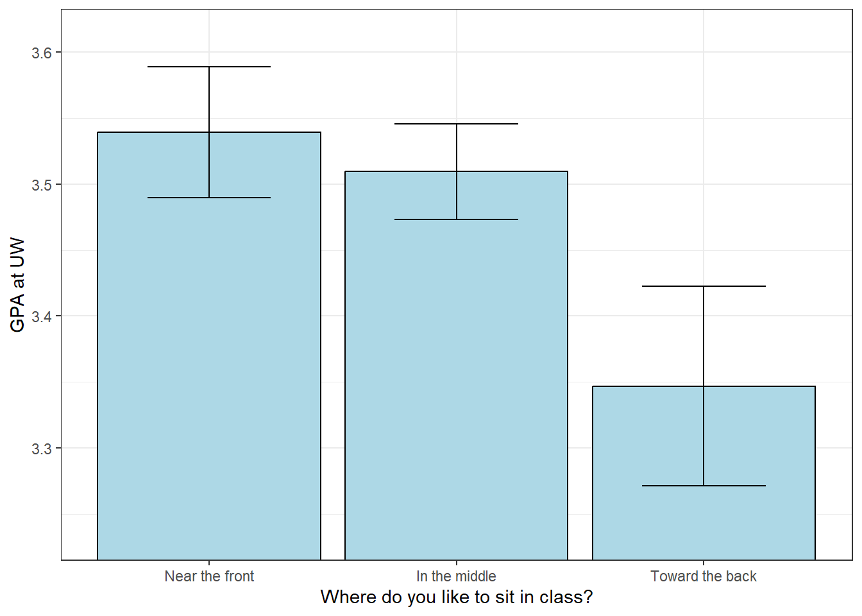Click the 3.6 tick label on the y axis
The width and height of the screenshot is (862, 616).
click(x=42, y=53)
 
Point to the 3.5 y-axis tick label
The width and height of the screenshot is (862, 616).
click(x=42, y=185)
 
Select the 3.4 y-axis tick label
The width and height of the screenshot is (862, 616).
click(x=42, y=317)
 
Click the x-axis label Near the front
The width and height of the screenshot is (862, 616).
click(x=209, y=576)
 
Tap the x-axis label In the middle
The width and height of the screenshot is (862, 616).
click(x=456, y=576)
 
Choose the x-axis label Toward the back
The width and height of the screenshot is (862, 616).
click(x=704, y=576)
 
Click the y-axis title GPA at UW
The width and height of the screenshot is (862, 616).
click(x=18, y=285)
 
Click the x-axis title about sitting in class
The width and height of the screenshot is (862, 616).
click(x=456, y=597)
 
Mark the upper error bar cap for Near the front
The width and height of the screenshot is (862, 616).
click(x=209, y=67)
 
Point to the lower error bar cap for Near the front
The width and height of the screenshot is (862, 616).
click(x=209, y=198)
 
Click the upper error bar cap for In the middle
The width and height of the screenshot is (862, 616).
click(x=456, y=124)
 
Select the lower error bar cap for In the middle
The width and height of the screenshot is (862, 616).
click(x=456, y=219)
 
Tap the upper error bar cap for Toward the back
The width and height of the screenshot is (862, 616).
click(x=704, y=286)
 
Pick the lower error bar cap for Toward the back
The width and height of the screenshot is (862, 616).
click(x=704, y=486)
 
